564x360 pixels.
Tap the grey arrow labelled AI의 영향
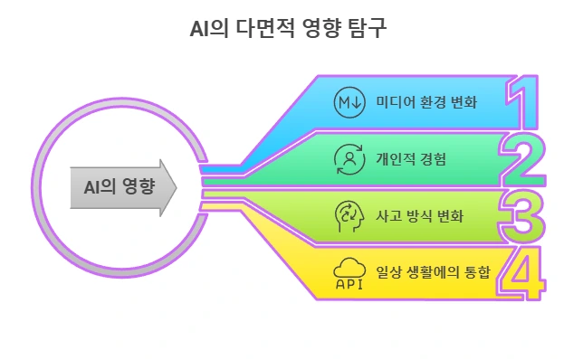point(123,188)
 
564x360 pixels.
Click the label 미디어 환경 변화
point(426,100)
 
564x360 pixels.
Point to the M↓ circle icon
point(349,100)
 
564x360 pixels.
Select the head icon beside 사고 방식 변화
point(349,214)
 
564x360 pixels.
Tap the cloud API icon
point(349,271)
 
